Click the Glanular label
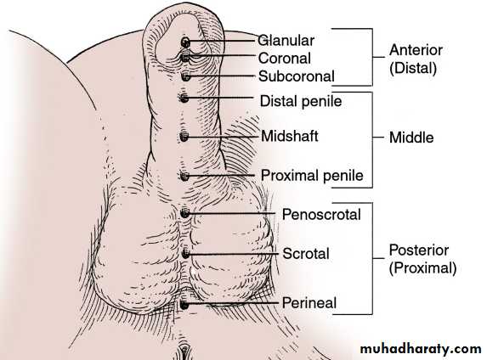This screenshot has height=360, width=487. click(286, 41)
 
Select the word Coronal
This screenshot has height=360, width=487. click(285, 59)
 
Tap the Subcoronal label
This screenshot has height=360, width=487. click(297, 76)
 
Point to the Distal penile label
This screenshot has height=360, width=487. click(301, 101)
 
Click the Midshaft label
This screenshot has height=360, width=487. click(290, 136)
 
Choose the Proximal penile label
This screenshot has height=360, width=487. click(312, 176)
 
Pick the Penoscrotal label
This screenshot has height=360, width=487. click(321, 215)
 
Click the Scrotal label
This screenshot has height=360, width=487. click(306, 254)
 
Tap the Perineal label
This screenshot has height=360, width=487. click(309, 303)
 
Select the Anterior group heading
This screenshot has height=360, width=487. click(416, 50)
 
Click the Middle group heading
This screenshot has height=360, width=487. click(411, 138)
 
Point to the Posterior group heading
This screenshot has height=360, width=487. click(419, 250)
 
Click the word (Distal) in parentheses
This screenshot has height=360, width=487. click(413, 68)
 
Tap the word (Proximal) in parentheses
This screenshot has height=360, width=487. click(422, 268)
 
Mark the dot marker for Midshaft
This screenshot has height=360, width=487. click(184, 137)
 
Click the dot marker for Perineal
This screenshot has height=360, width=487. click(184, 305)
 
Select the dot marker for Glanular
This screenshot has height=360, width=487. click(185, 42)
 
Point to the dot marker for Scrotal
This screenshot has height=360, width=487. click(185, 254)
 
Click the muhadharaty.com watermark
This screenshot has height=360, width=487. click(421, 349)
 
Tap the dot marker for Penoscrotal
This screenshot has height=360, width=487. click(184, 213)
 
